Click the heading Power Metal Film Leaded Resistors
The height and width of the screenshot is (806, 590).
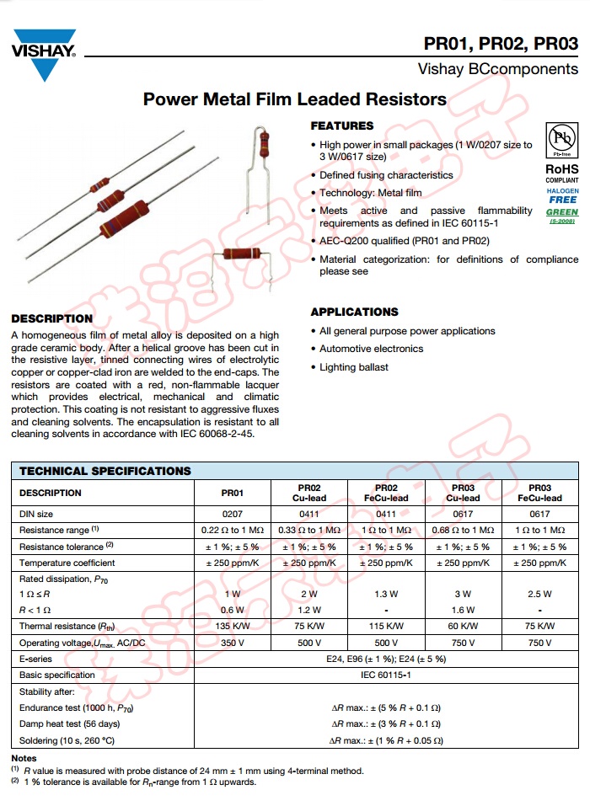(295, 99)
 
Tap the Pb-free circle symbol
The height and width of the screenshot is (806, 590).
(561, 140)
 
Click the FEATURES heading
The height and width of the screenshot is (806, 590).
(341, 125)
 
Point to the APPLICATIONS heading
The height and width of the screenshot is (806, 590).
(354, 312)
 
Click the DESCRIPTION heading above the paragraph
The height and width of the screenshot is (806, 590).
(51, 318)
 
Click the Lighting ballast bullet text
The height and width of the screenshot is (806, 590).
(354, 367)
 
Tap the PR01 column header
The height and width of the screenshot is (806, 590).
(232, 493)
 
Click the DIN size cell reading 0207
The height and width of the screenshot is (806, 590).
(232, 514)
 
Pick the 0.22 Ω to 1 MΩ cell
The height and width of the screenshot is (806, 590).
(232, 530)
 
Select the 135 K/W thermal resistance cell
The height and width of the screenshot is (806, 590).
(232, 626)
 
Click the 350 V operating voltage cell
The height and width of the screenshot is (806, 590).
(232, 643)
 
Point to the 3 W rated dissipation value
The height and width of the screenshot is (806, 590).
(463, 594)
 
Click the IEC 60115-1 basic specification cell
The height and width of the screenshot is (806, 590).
(386, 675)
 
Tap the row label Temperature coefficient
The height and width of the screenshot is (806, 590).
(67, 563)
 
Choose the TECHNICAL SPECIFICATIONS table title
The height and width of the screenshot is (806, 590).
(105, 471)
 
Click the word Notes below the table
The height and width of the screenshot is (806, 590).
(24, 759)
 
